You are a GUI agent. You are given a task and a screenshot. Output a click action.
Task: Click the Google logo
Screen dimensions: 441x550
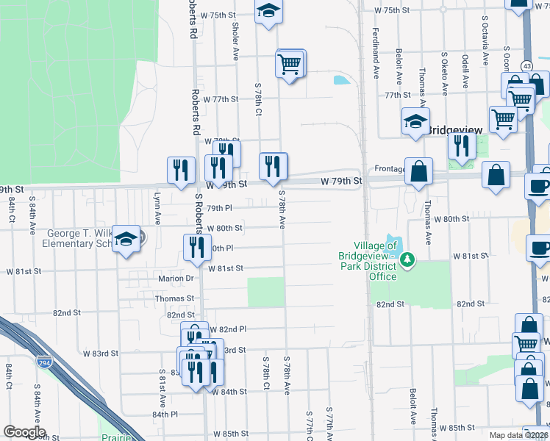tap(24, 432)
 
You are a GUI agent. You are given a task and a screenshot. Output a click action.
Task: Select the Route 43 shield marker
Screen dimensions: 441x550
tap(526, 66)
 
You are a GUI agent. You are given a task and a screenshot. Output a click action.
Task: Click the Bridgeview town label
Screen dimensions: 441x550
tap(455, 129)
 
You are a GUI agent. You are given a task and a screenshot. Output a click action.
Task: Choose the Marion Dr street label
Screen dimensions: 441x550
tap(175, 279)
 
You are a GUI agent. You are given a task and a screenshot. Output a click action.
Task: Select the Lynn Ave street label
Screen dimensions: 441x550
tap(157, 209)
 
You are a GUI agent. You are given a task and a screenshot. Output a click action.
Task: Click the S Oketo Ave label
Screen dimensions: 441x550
tap(444, 73)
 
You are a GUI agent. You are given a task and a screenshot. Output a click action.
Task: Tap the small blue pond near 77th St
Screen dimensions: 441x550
tap(340, 79)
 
